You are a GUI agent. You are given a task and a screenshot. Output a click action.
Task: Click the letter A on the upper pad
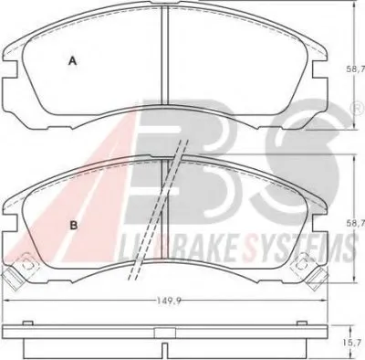72,61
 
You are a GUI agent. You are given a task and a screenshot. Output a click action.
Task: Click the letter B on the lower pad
74,226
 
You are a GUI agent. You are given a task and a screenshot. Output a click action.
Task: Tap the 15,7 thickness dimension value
359,344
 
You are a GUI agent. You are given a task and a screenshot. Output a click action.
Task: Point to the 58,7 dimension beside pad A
359,69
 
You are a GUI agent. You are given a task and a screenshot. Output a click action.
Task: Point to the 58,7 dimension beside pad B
359,224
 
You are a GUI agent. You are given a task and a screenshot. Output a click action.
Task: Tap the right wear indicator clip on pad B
309,272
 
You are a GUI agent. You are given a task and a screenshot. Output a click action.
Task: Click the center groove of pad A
164,55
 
